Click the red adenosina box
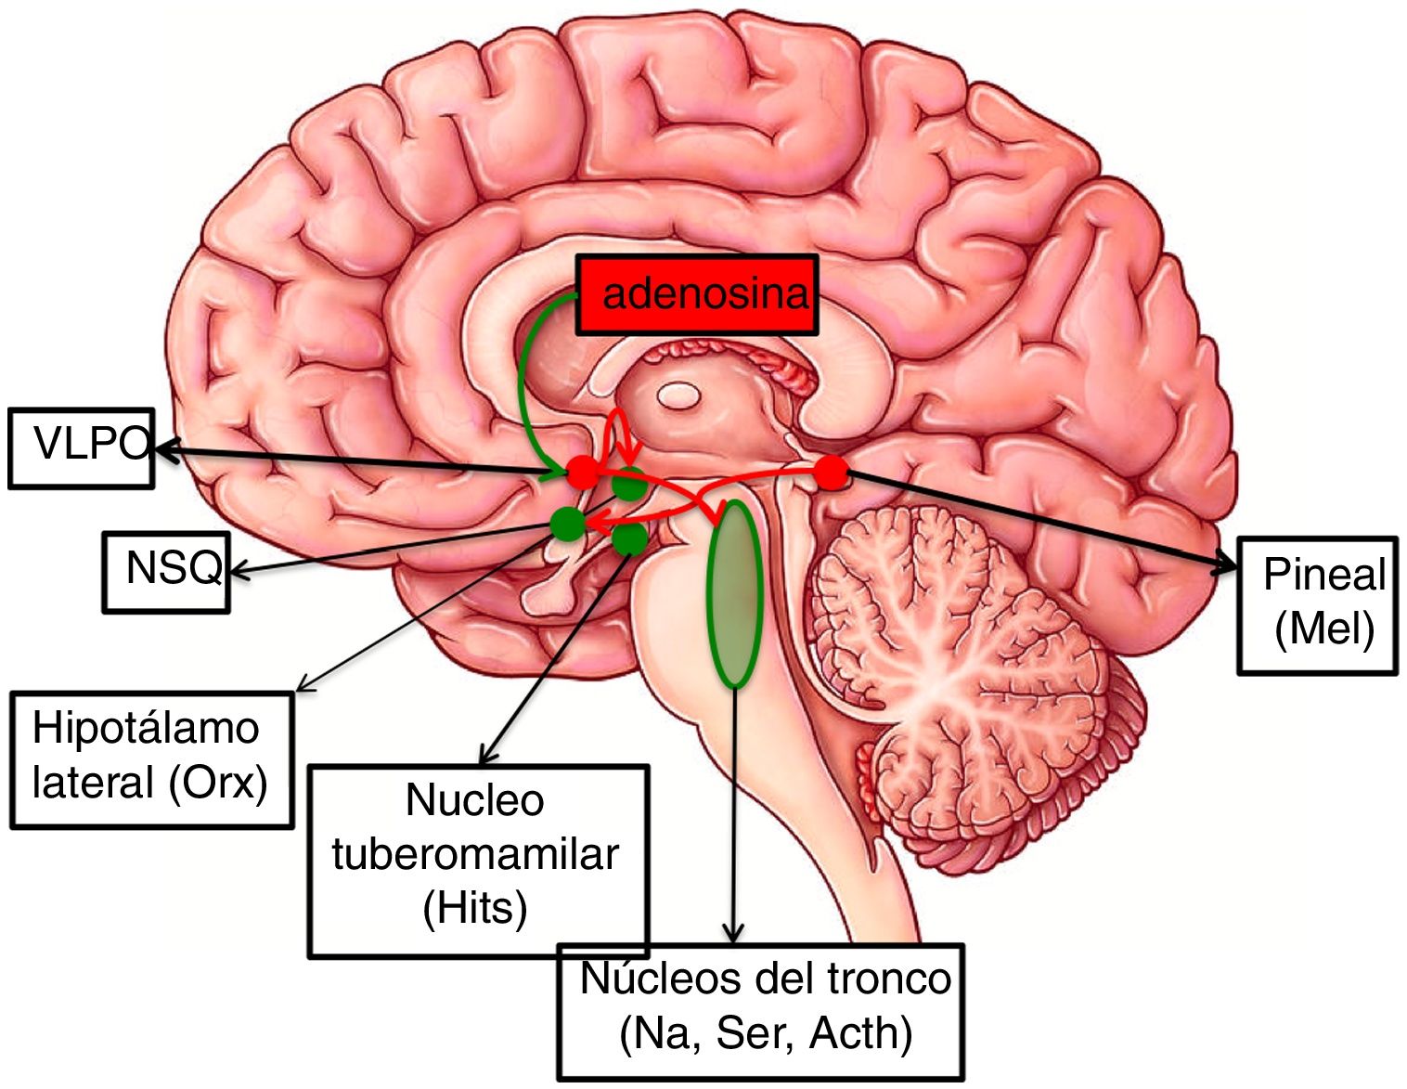click(697, 294)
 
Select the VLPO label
click(90, 445)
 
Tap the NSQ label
click(174, 568)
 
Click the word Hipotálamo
click(146, 729)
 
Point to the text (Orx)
click(218, 783)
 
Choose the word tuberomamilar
click(475, 854)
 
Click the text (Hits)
click(475, 907)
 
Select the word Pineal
click(1323, 575)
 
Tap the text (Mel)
click(1323, 629)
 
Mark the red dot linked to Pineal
click(831, 473)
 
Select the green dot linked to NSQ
click(566, 524)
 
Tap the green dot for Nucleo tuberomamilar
click(631, 537)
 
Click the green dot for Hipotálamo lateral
click(629, 485)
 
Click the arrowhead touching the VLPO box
click(163, 450)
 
